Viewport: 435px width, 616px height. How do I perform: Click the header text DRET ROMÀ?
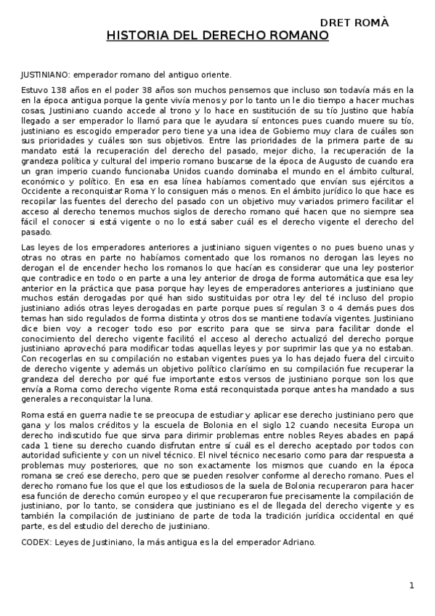354,23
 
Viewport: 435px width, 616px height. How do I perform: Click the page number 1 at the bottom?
411,585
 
